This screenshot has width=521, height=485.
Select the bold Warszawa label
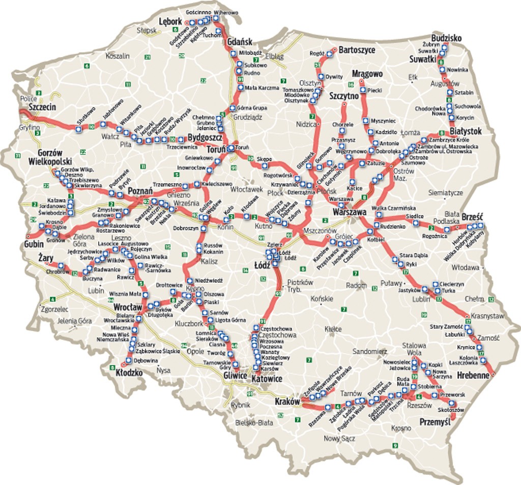[350, 211]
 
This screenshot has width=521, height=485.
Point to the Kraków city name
[287, 402]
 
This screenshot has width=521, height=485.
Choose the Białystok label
[466, 131]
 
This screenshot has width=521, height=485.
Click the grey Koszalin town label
[118, 56]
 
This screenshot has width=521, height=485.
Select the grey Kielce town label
[333, 329]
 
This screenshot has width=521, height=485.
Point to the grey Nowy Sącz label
[338, 438]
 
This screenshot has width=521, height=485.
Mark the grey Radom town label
[356, 286]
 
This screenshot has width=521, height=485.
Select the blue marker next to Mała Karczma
[240, 88]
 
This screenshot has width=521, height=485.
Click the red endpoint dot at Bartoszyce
[335, 50]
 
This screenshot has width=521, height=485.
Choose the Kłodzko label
[129, 373]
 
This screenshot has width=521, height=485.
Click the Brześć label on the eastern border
[473, 217]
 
